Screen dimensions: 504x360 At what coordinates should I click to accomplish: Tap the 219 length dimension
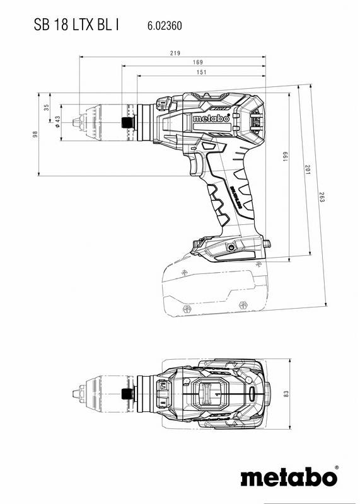coord(174,53)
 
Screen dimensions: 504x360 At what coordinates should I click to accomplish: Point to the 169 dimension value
coord(197,62)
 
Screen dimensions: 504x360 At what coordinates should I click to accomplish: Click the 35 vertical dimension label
coord(46,108)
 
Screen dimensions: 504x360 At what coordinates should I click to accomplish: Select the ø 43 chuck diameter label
coord(57,122)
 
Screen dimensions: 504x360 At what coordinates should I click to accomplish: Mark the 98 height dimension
coord(35,134)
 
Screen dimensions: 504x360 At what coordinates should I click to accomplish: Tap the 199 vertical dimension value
coord(285,156)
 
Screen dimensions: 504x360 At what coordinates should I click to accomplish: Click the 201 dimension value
coord(306,170)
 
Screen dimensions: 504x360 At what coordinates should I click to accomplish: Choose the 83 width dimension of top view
coord(285,394)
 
